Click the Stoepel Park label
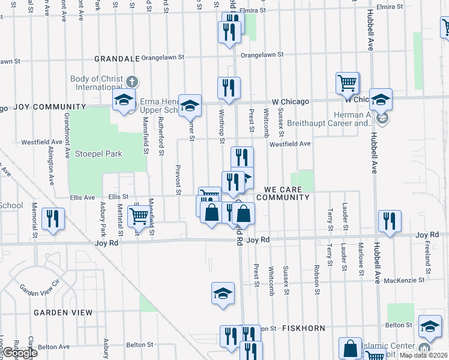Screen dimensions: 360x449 [98, 154]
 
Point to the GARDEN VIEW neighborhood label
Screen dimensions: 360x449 [63, 313]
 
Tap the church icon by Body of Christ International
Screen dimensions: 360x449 [133, 81]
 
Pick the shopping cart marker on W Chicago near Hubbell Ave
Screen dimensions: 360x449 [348, 83]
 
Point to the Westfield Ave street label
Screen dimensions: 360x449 [289, 144]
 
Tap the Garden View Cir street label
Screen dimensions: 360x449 [40, 287]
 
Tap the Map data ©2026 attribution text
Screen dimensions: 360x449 [422, 355]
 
